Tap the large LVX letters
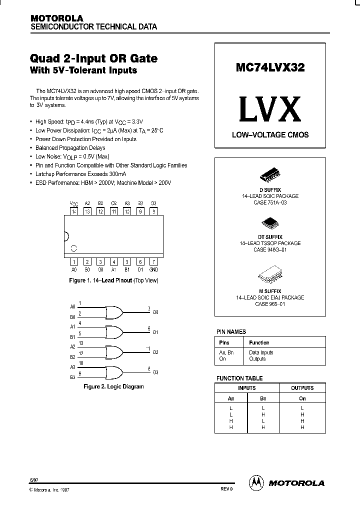269,109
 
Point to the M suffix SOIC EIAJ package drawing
270,275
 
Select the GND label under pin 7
154,269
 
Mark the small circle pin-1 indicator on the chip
73,248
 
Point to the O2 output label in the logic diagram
155,352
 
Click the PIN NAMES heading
231,331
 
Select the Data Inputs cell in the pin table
261,352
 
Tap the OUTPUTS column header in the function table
302,388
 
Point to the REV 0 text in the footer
226,489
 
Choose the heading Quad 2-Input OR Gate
94,58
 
